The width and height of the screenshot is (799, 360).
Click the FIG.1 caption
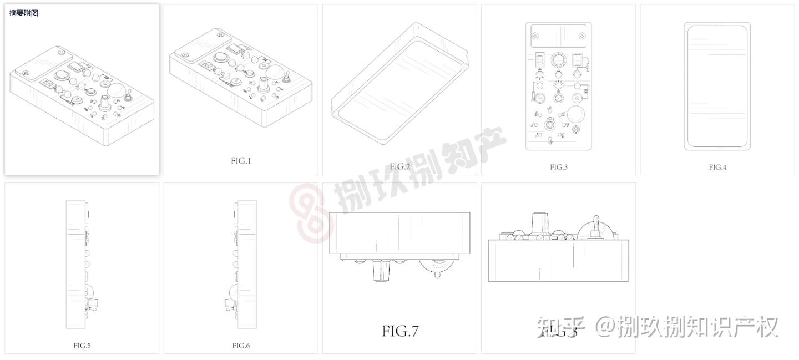(x=241, y=161)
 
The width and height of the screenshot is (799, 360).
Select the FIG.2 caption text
(x=399, y=166)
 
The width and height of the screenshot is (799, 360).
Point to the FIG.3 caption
(x=559, y=167)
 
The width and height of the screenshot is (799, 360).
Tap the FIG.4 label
(x=717, y=167)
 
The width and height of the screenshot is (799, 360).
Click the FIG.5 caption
(x=82, y=346)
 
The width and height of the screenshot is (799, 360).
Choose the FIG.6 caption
(x=241, y=346)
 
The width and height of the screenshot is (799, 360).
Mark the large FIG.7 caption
(x=399, y=331)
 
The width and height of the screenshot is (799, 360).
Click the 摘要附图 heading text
(x=24, y=13)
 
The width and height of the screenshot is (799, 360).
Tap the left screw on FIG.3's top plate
(x=535, y=36)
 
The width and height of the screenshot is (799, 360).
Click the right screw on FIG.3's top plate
(x=581, y=36)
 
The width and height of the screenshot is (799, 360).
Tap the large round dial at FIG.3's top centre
(x=558, y=59)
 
